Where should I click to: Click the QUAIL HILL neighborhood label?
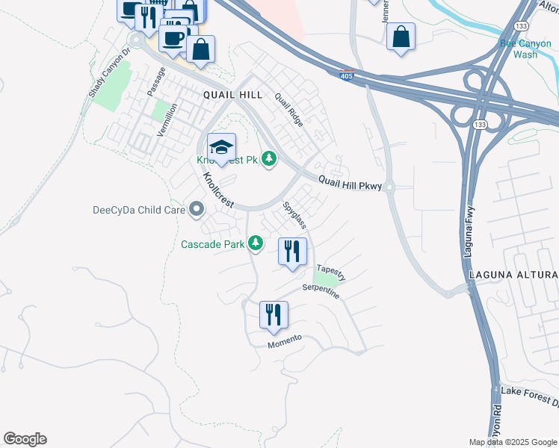[232, 95]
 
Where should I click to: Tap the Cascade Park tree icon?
[256, 243]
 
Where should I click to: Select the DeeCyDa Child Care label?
[139, 210]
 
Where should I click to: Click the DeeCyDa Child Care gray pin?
[197, 209]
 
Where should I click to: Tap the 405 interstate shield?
[346, 75]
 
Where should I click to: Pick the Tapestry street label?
[331, 272]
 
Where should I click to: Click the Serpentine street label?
[321, 291]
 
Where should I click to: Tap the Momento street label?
[284, 341]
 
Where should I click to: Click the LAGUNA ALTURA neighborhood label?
[513, 276]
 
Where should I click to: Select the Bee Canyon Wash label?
[526, 49]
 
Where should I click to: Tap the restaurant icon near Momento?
[274, 314]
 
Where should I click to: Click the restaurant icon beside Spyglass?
[292, 251]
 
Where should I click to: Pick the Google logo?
[25, 439]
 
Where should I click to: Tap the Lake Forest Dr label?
[529, 396]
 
